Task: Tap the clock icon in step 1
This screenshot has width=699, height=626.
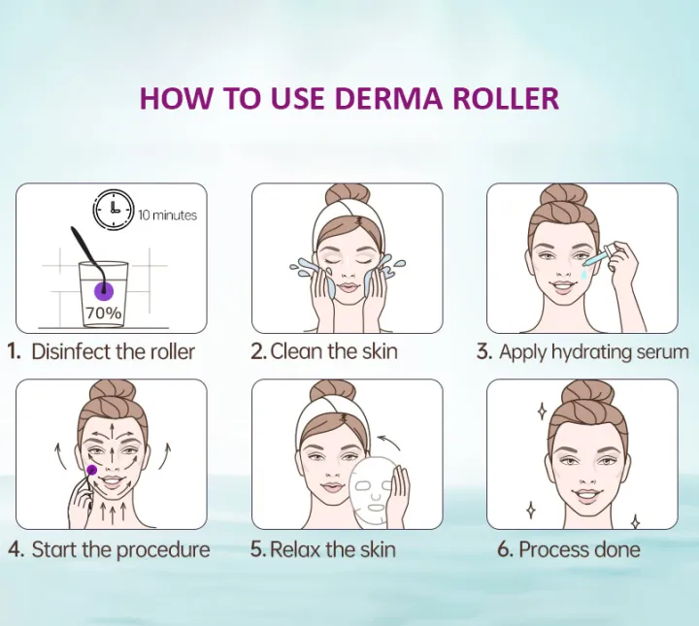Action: click(113, 210)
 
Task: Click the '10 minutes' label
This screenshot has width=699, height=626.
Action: click(167, 214)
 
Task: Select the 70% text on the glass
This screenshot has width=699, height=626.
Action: click(104, 313)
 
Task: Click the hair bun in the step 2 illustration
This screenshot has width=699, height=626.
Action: click(347, 196)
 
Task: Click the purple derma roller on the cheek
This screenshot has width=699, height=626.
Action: click(92, 470)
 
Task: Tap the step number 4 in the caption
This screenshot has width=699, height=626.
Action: click(16, 549)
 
